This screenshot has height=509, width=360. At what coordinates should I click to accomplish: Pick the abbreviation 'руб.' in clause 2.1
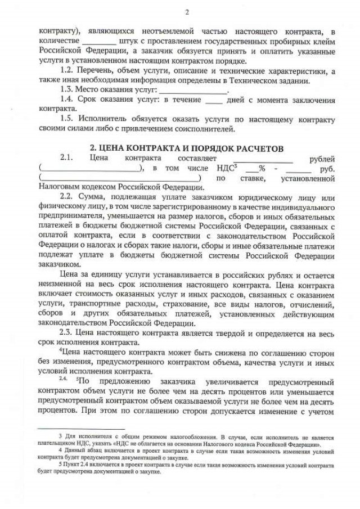(327, 168)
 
